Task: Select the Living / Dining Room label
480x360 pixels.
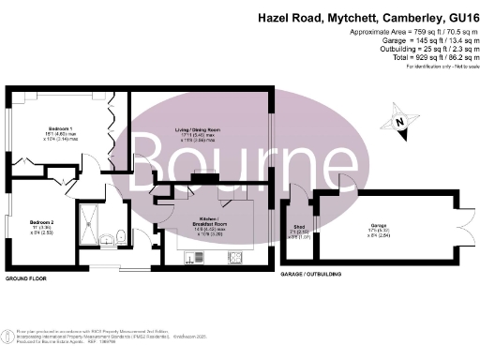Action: (x=199, y=130)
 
